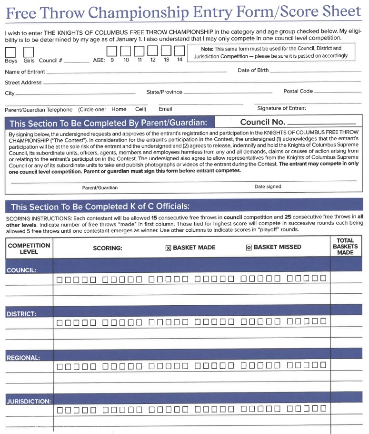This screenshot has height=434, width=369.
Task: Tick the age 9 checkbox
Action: click(112, 51)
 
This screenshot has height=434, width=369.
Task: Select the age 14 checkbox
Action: click(180, 51)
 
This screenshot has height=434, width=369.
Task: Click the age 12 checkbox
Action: click(152, 51)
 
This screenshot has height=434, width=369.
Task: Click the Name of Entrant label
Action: click(25, 72)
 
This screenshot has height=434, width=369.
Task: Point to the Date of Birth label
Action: click(253, 70)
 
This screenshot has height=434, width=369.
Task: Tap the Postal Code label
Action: click(298, 91)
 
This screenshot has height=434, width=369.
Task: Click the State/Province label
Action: click(164, 92)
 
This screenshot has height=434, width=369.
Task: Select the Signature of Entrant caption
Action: click(281, 108)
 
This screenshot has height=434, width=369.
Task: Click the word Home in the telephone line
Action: click(119, 109)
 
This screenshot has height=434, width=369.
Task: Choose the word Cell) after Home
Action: click(140, 109)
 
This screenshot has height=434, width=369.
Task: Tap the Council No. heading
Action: click(262, 122)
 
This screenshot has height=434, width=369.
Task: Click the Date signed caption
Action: click(268, 186)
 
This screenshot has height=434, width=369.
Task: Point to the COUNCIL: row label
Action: click(21, 270)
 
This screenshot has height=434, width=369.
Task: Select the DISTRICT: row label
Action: click(21, 314)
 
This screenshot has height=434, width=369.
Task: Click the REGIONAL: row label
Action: click(23, 357)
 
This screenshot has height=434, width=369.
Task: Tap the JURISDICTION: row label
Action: click(29, 401)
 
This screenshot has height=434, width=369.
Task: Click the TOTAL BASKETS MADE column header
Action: click(345, 247)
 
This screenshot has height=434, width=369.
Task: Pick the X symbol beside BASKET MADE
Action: click(168, 248)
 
